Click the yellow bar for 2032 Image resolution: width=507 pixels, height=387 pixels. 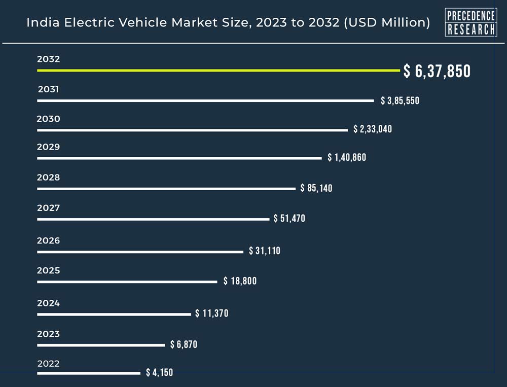(x=218, y=71)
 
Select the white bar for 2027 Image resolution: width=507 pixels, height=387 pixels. (x=153, y=219)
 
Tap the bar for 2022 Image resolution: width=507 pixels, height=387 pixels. (x=89, y=373)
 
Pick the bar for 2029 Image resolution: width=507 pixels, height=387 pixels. (x=179, y=158)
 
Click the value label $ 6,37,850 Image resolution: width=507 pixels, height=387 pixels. (x=437, y=72)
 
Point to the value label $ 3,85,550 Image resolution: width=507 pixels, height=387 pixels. (x=400, y=100)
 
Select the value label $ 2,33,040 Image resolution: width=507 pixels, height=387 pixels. (x=373, y=129)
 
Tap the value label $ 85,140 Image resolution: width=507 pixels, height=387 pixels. (x=316, y=188)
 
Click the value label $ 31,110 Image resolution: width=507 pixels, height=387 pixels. (x=265, y=251)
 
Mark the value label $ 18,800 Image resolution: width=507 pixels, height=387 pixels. (x=240, y=281)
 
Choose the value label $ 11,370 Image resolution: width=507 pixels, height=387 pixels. (x=212, y=313)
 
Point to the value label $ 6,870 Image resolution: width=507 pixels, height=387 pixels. (x=184, y=345)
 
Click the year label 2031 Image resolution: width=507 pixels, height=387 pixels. (x=48, y=90)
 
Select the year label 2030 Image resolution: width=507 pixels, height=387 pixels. (x=48, y=119)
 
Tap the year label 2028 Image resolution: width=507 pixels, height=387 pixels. (x=48, y=178)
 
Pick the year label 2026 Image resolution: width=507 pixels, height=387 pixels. (x=48, y=240)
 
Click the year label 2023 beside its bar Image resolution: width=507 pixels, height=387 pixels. (x=48, y=334)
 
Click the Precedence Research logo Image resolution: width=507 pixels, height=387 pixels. (x=470, y=22)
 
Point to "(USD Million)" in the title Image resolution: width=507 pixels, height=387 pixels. (x=387, y=23)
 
